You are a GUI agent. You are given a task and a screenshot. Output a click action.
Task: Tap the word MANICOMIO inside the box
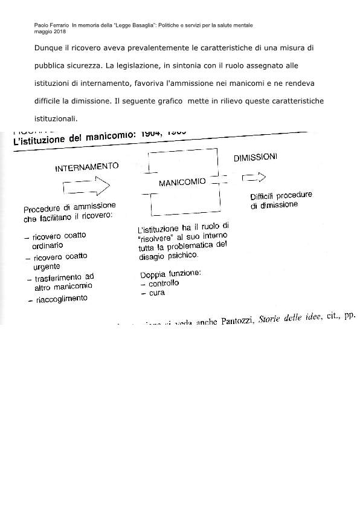[x=182, y=181]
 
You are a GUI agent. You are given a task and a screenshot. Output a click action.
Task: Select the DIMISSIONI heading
[x=256, y=158]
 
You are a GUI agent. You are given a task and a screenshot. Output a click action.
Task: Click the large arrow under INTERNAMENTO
[x=85, y=186]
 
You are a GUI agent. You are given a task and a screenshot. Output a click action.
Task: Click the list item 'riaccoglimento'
[x=61, y=299]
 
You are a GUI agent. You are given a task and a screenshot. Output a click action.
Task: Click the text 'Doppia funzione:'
[x=164, y=273]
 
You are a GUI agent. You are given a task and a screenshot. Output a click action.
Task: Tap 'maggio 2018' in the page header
[x=51, y=31]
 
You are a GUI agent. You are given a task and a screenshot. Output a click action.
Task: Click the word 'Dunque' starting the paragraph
[x=49, y=48]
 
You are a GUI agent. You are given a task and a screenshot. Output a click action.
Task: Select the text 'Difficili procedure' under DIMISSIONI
[x=281, y=196]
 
